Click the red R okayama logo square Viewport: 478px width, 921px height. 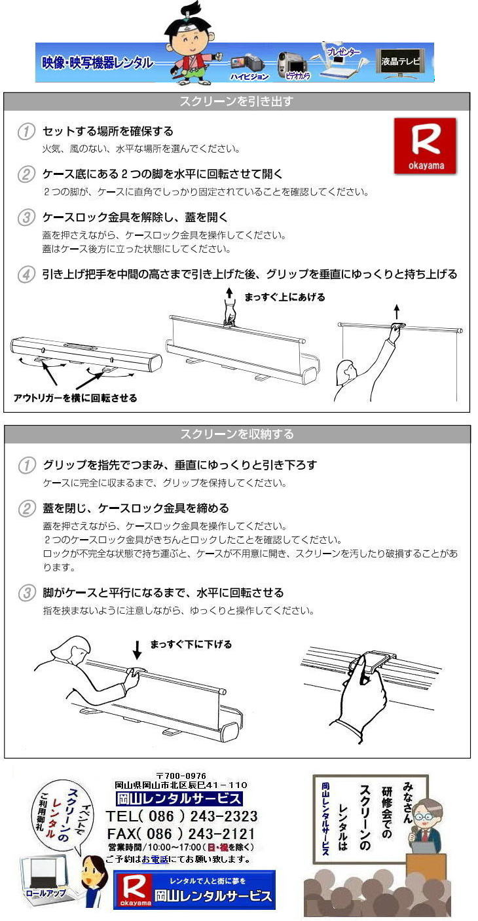pyautogui.click(x=425, y=145)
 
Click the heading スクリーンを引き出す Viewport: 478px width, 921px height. pyautogui.click(x=236, y=101)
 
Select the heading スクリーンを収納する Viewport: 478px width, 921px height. pyautogui.click(x=237, y=434)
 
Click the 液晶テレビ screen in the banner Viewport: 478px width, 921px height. pyautogui.click(x=400, y=62)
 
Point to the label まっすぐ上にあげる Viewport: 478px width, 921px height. pyautogui.click(x=284, y=297)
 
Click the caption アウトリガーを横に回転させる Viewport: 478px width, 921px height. pyautogui.click(x=75, y=398)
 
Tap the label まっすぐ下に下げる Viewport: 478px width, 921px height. pyautogui.click(x=191, y=645)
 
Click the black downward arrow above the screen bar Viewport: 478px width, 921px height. pyautogui.click(x=138, y=650)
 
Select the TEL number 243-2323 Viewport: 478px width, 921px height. pyautogui.click(x=224, y=816)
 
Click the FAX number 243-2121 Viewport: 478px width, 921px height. pyautogui.click(x=222, y=833)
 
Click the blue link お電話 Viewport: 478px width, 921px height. pyautogui.click(x=155, y=859)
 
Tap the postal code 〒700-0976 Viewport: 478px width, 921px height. pyautogui.click(x=181, y=776)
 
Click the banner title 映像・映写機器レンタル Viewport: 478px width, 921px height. pyautogui.click(x=98, y=63)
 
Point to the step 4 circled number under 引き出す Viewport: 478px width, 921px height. pyautogui.click(x=26, y=274)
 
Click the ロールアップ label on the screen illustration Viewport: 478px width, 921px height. pyautogui.click(x=46, y=893)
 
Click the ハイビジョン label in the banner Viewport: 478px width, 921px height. pyautogui.click(x=249, y=77)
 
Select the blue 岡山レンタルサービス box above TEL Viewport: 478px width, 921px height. pyautogui.click(x=179, y=799)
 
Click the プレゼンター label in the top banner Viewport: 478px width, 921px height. pyautogui.click(x=343, y=51)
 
